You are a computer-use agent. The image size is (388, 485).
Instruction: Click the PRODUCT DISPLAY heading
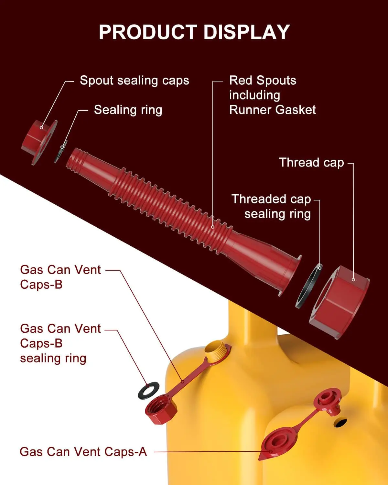[194, 32]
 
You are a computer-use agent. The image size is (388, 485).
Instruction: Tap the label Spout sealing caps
[134, 81]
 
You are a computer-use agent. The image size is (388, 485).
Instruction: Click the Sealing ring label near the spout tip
[128, 110]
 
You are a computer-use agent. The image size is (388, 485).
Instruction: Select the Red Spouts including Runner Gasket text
[272, 95]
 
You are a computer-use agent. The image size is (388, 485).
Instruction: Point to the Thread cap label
[311, 162]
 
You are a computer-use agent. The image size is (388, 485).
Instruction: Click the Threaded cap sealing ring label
[272, 206]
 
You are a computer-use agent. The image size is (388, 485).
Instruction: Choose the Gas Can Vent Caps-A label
[83, 452]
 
